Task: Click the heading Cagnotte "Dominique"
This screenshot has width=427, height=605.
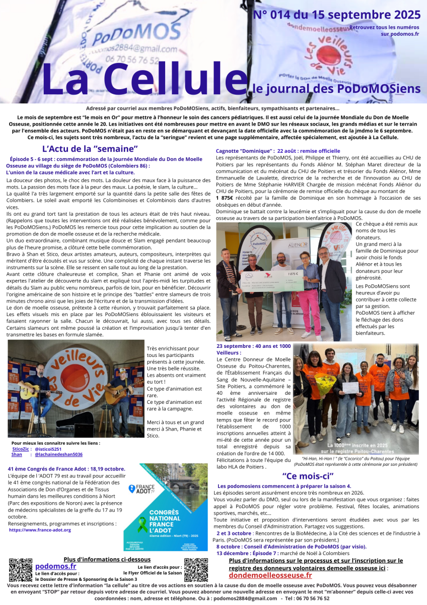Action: (x=244, y=151)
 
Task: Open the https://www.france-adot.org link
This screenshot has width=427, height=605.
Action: (x=40, y=530)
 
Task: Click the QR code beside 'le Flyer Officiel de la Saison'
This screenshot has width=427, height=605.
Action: (x=196, y=570)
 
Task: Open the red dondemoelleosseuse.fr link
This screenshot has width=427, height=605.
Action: (x=270, y=575)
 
